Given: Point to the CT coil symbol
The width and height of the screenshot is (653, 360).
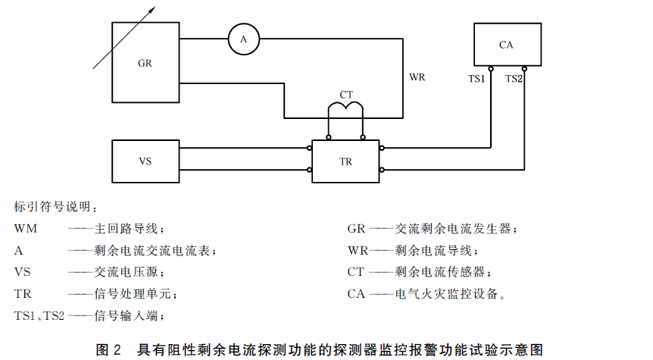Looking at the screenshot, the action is (345, 104).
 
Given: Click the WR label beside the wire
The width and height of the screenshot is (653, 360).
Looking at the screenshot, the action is (417, 77).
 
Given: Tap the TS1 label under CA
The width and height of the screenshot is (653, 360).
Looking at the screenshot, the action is (476, 79).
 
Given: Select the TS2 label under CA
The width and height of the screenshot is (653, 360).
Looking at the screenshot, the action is (514, 79).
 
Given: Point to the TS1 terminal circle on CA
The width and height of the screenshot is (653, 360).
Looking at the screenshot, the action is (491, 69).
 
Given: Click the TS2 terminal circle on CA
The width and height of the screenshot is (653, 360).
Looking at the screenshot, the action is (524, 69).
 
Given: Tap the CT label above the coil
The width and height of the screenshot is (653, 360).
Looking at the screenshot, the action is (346, 95).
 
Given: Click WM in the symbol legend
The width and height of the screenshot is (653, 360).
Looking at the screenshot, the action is (26, 229).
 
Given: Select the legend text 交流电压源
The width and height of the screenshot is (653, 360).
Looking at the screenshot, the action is (125, 272).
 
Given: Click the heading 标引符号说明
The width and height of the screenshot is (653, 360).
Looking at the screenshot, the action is (52, 207).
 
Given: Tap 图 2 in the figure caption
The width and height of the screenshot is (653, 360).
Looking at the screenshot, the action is (108, 349).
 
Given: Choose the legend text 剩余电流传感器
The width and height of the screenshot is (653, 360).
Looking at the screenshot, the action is (439, 272).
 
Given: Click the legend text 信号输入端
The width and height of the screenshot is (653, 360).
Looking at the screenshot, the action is (125, 315).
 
